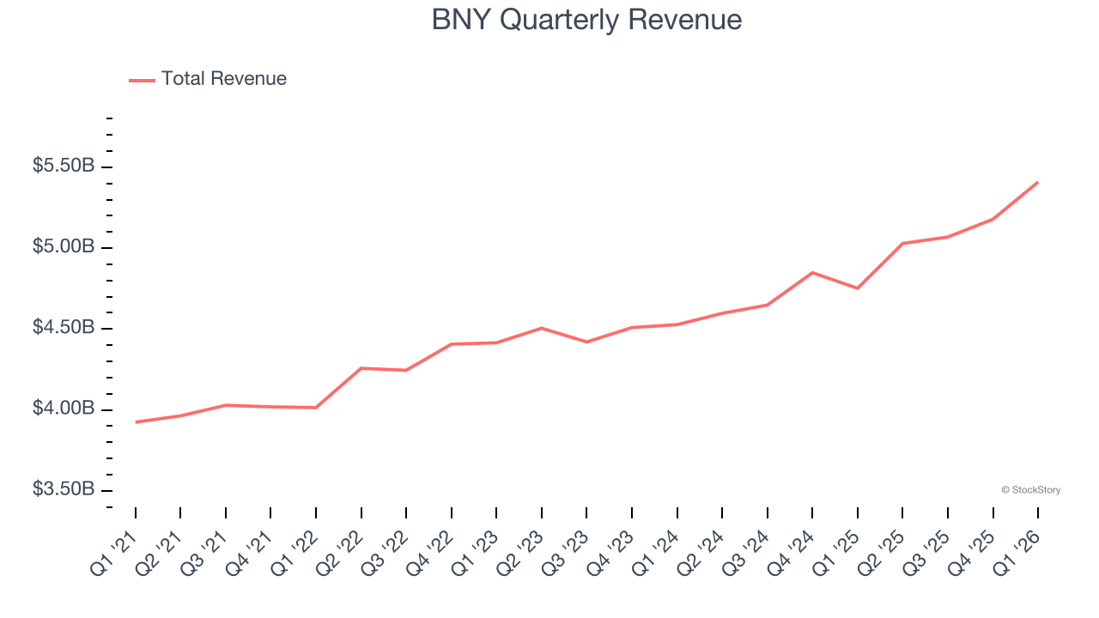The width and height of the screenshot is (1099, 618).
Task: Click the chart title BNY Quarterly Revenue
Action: click(x=586, y=19)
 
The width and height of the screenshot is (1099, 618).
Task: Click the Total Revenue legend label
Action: click(x=223, y=79)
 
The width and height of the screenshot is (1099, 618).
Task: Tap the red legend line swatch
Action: click(x=142, y=80)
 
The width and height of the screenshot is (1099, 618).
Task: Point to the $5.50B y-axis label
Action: click(x=64, y=167)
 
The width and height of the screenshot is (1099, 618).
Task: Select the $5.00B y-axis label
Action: click(x=64, y=247)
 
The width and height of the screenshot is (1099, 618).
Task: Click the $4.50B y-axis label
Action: click(x=64, y=328)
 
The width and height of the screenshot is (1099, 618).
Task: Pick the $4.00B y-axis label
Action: click(x=64, y=409)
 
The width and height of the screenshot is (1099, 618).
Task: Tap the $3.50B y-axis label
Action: click(x=64, y=489)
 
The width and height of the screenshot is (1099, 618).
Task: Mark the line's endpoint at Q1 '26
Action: click(x=1037, y=182)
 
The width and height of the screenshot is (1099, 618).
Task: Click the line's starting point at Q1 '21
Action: click(x=136, y=422)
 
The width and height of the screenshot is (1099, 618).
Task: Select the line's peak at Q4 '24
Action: click(x=812, y=273)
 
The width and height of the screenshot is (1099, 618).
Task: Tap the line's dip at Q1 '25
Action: click(x=857, y=288)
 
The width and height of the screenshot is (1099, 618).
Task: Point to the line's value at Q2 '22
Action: click(x=361, y=368)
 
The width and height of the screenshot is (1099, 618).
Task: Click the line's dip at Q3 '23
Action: click(x=586, y=342)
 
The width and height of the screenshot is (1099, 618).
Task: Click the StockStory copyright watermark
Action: click(x=1030, y=490)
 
